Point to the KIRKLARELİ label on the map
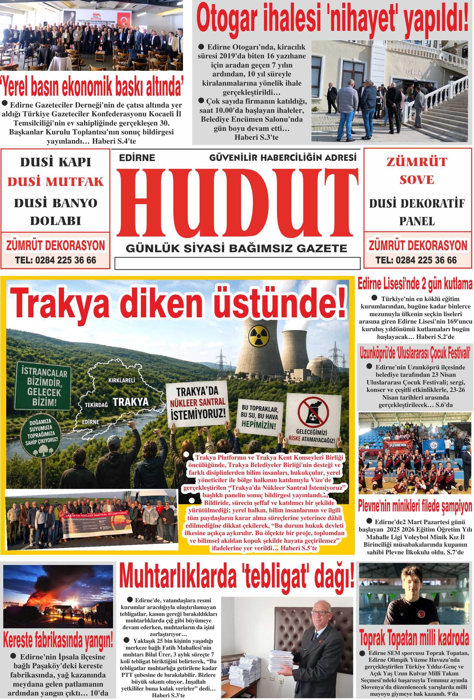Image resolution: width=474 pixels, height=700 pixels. pyautogui.click(x=122, y=380)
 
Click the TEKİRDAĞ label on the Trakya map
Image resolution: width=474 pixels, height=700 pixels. pyautogui.click(x=96, y=405)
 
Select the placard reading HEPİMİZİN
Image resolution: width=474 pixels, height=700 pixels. pyautogui.click(x=259, y=418)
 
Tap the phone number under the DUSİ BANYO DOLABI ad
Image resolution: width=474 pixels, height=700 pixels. pyautogui.click(x=55, y=260)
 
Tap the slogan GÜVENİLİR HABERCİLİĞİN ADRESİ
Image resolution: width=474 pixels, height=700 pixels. pyautogui.click(x=283, y=158)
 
